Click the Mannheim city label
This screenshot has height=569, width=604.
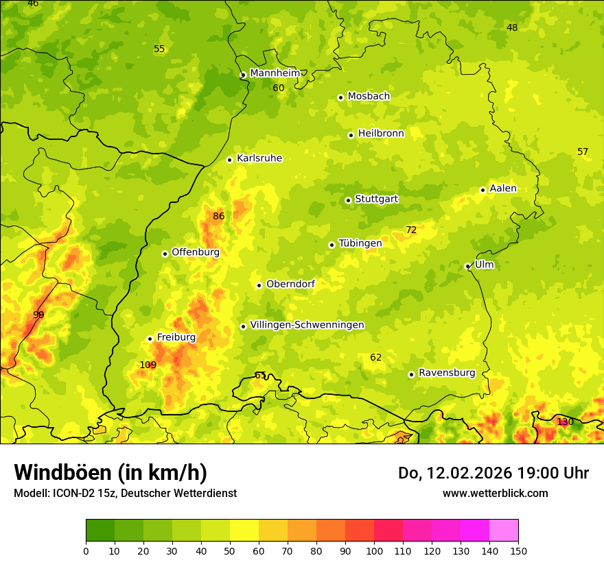(x=275, y=73)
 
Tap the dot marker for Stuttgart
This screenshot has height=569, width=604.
(x=348, y=200)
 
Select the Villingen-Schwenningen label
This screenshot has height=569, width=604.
(x=307, y=325)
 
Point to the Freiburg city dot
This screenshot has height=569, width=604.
(x=150, y=339)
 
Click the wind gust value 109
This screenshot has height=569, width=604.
(x=148, y=365)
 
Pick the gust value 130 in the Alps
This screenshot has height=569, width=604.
(x=565, y=422)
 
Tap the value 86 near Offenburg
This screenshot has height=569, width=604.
(x=218, y=217)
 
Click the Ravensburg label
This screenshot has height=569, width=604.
(x=447, y=373)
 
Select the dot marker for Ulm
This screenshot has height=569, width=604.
(x=467, y=266)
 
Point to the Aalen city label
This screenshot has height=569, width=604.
(x=503, y=189)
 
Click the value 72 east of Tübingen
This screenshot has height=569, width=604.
(x=411, y=230)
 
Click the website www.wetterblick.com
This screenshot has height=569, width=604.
(x=495, y=493)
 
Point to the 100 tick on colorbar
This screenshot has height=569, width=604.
(x=374, y=550)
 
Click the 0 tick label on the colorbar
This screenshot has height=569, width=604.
(x=86, y=550)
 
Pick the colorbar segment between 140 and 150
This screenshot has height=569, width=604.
(x=504, y=531)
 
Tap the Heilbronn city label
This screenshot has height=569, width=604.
(x=381, y=134)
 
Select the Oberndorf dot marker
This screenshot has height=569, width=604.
(x=259, y=285)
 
